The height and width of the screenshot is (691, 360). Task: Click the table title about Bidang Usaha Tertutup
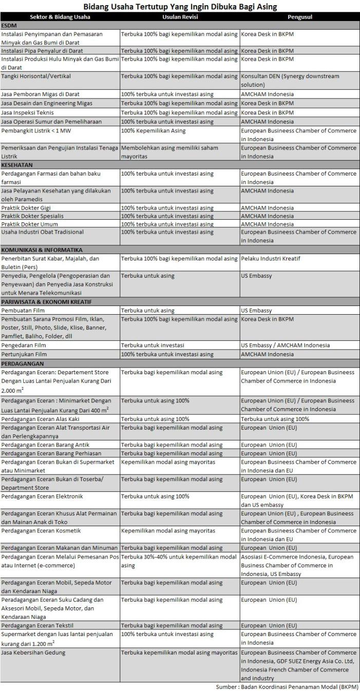pos(179,7)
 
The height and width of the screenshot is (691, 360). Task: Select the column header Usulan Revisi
pos(180,17)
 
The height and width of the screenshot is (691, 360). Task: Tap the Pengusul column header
pos(300,17)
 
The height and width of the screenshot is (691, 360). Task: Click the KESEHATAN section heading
pos(17,165)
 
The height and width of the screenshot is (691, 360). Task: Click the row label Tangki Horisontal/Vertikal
pos(36,76)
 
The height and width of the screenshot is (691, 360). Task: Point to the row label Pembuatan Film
pos(23,311)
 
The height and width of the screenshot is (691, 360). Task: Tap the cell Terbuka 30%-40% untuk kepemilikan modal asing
pos(179,561)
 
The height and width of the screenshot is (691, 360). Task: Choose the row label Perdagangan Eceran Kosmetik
pos(41,531)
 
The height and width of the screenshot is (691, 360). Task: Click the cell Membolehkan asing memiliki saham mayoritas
pos(169,152)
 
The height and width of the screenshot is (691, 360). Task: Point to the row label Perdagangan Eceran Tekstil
pos(40,626)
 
